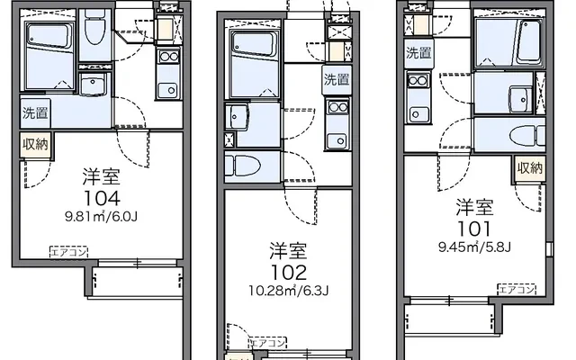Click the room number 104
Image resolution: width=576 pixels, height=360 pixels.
point(102,198)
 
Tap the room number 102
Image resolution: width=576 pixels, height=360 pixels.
point(288,273)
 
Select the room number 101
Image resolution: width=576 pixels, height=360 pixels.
point(474,229)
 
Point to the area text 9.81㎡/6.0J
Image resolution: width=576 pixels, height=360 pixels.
point(101,217)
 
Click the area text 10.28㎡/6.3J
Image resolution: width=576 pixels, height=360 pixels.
point(288,291)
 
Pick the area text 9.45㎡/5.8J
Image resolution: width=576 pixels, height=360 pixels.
point(474,247)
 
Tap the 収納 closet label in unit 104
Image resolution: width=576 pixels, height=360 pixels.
point(36,144)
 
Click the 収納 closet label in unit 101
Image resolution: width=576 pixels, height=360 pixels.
point(530,168)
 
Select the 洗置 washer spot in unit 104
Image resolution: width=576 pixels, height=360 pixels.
point(35,113)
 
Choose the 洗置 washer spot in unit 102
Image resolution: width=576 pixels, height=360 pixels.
point(337,80)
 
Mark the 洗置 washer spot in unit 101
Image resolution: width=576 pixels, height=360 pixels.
point(418,53)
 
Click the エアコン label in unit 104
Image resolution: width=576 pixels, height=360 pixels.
point(68,252)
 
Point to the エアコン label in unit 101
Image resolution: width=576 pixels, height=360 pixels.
point(517,290)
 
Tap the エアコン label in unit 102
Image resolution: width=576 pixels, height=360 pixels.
point(268,343)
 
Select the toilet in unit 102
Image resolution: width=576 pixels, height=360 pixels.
point(243,166)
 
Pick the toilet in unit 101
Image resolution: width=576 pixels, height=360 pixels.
point(527,135)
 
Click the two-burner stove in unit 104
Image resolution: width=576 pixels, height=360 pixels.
point(169,57)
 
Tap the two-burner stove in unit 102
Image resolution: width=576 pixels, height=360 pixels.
point(338,107)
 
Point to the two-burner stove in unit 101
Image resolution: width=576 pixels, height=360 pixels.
point(418,80)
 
